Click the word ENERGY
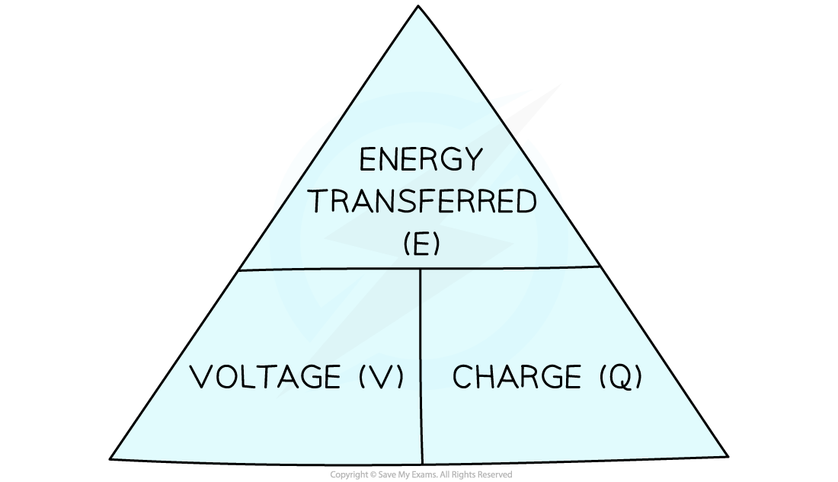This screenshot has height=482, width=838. click(421, 158)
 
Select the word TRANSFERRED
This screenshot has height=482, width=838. click(423, 202)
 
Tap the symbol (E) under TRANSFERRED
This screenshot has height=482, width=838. click(422, 244)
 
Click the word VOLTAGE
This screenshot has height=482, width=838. click(265, 376)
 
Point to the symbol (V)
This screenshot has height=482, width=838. click(381, 376)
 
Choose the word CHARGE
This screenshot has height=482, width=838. click(517, 376)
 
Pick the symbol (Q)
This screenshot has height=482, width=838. click(620, 376)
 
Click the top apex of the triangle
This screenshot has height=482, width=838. click(418, 6)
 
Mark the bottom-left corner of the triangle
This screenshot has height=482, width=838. click(110, 458)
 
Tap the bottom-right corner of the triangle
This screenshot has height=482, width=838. click(728, 456)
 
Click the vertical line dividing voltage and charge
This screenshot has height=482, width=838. click(421, 366)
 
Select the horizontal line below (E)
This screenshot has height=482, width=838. click(419, 268)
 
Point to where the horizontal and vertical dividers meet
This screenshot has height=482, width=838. click(420, 268)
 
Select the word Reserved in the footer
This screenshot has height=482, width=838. click(495, 474)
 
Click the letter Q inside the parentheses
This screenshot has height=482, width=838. click(620, 376)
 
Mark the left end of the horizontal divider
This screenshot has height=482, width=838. click(239, 270)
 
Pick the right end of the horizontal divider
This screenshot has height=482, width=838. click(600, 266)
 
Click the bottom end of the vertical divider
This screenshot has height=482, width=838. click(422, 463)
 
